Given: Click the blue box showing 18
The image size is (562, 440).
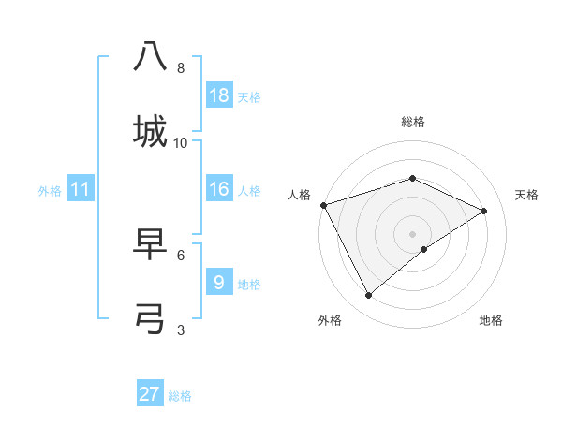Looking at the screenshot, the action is pyautogui.click(x=218, y=95).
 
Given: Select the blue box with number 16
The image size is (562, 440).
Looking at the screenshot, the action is pyautogui.click(x=218, y=189).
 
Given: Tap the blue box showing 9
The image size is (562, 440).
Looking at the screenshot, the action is pyautogui.click(x=218, y=282).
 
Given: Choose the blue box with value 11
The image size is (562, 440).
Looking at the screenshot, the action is pyautogui.click(x=81, y=190).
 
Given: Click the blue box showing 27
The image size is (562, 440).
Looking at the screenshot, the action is pyautogui.click(x=150, y=394).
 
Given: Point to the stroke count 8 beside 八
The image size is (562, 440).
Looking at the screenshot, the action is pyautogui.click(x=181, y=68).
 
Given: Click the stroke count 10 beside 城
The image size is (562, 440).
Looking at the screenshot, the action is pyautogui.click(x=181, y=142).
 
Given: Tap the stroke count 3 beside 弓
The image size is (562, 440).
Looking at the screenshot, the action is pyautogui.click(x=181, y=330).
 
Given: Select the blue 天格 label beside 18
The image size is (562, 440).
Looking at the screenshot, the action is pyautogui.click(x=249, y=96).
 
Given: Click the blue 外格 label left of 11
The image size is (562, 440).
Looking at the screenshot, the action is pyautogui.click(x=50, y=191).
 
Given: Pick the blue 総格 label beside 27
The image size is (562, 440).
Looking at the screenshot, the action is pyautogui.click(x=180, y=396).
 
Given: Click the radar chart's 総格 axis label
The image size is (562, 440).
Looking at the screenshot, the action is pyautogui.click(x=412, y=122).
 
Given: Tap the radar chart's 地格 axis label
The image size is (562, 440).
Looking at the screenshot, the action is pyautogui.click(x=491, y=320).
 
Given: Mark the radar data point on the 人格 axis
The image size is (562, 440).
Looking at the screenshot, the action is pyautogui.click(x=323, y=205).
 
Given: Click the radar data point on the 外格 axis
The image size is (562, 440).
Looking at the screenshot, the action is pyautogui.click(x=369, y=296).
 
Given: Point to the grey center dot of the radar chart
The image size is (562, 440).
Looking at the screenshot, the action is pyautogui.click(x=412, y=233).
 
